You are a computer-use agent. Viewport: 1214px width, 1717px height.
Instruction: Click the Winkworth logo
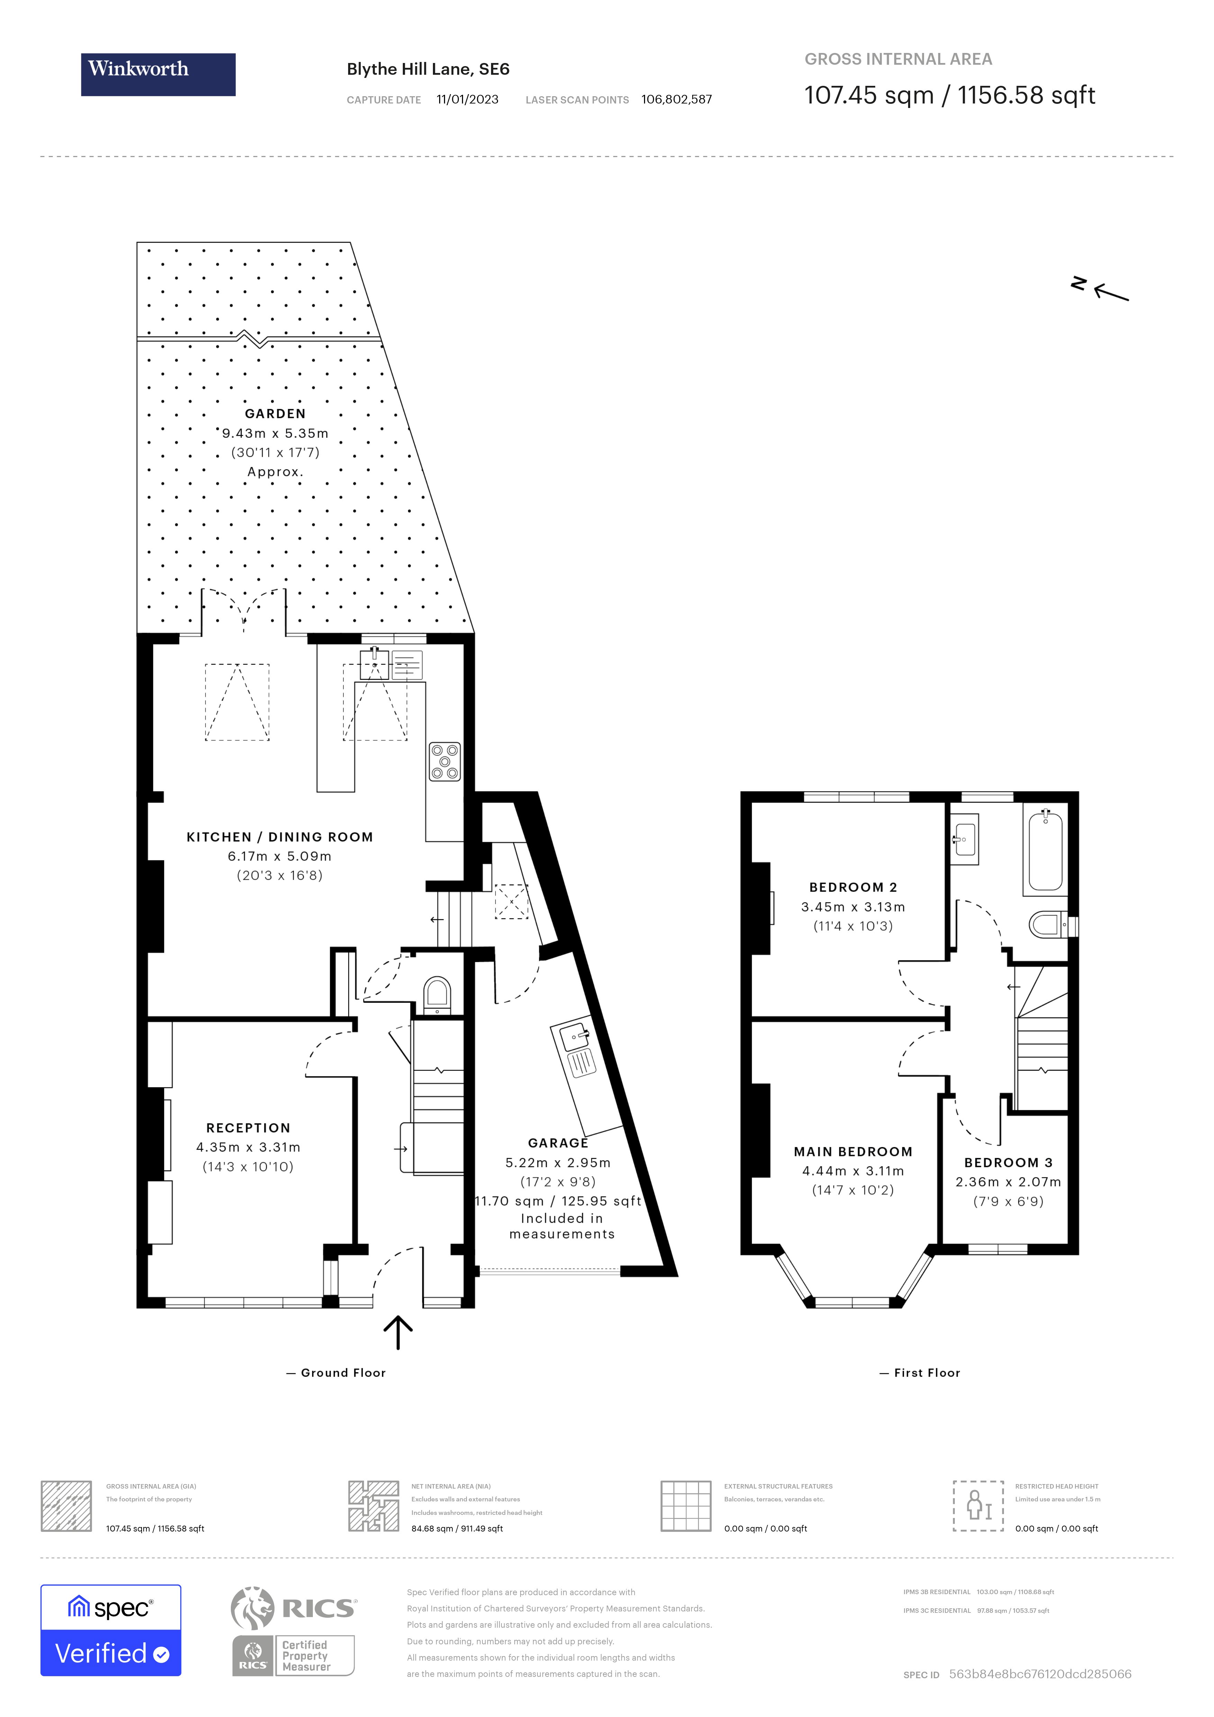[158, 74]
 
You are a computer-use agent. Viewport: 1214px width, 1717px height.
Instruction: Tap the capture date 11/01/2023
[467, 99]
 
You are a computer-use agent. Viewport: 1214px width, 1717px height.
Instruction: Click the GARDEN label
[275, 414]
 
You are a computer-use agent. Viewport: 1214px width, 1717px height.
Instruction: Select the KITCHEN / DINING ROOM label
[280, 837]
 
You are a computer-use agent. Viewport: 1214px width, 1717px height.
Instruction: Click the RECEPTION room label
[248, 1128]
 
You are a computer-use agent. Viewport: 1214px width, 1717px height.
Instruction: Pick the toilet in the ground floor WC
[437, 994]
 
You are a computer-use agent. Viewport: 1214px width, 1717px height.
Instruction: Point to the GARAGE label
[558, 1143]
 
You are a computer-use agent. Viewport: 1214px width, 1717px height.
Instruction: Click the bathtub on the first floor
[1045, 852]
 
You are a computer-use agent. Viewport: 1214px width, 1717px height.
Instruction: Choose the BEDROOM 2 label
[853, 887]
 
